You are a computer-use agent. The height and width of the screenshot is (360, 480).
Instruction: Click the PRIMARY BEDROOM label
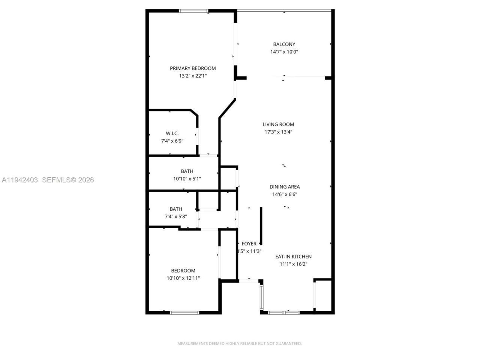click(x=193, y=68)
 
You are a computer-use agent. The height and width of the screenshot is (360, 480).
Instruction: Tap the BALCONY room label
click(x=284, y=44)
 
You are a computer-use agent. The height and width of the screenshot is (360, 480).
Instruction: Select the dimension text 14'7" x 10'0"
click(x=284, y=52)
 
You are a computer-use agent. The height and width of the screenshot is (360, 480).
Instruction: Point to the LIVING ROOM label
click(x=278, y=124)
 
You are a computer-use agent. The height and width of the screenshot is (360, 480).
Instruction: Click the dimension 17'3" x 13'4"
click(x=278, y=132)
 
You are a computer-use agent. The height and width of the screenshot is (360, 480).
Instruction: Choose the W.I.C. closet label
click(x=172, y=133)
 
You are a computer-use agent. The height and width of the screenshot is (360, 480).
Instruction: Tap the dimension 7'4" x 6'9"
click(x=172, y=141)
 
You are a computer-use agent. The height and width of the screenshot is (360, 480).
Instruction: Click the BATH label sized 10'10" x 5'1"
click(x=187, y=171)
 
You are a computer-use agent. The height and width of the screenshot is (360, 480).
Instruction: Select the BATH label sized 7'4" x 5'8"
click(x=175, y=209)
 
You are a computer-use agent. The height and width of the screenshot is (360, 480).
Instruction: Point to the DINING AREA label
click(x=285, y=187)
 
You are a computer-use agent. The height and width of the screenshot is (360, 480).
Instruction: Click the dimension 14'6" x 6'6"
click(x=285, y=194)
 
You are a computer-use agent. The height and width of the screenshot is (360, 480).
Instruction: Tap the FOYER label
click(x=249, y=244)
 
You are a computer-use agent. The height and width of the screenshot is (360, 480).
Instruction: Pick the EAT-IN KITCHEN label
click(x=293, y=257)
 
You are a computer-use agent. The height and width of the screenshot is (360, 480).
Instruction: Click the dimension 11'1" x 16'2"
click(x=293, y=264)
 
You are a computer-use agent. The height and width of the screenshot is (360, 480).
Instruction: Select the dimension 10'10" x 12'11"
click(x=183, y=278)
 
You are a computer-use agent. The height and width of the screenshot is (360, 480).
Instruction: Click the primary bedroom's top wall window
click(x=193, y=11)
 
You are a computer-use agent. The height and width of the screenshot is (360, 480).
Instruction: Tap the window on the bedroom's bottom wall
click(x=184, y=312)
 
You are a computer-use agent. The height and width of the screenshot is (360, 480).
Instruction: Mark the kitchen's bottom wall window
click(x=284, y=312)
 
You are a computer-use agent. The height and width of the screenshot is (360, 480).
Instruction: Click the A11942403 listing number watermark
click(x=19, y=180)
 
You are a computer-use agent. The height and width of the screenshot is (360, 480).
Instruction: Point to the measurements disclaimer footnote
click(x=239, y=343)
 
